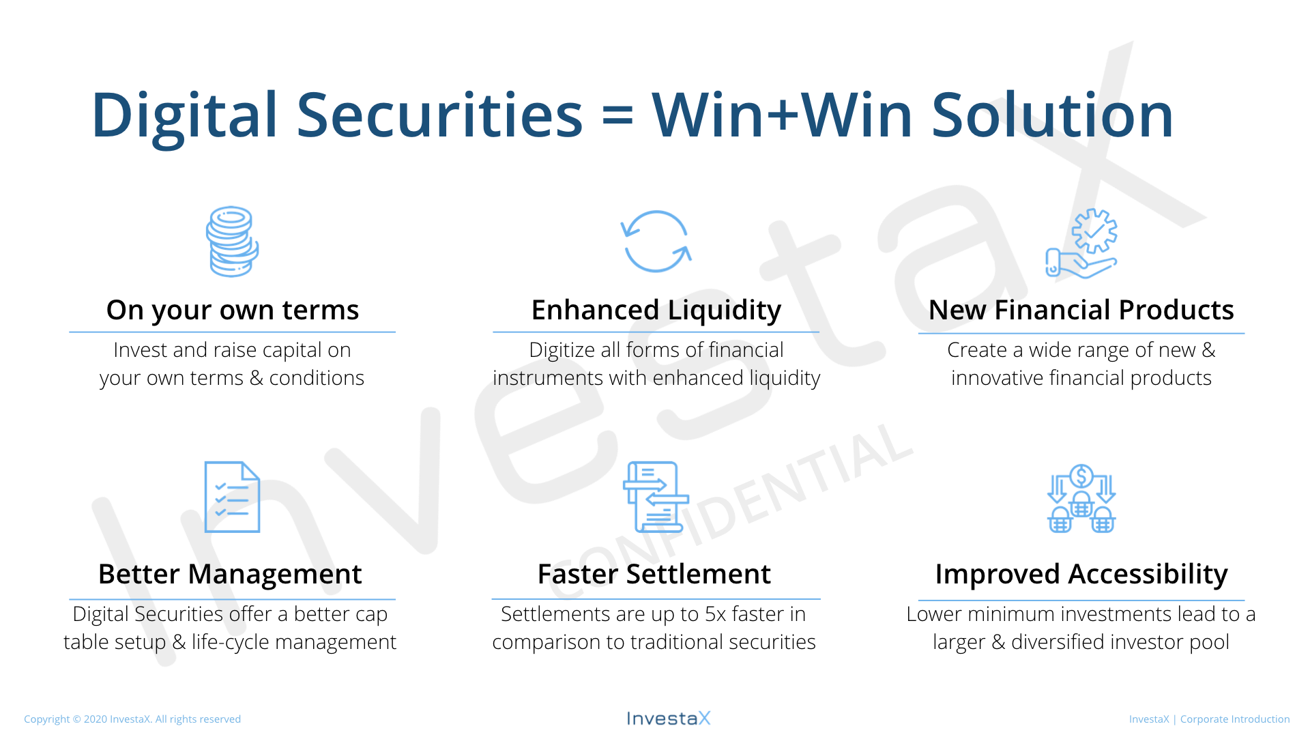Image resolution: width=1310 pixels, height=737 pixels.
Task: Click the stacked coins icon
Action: [232, 242]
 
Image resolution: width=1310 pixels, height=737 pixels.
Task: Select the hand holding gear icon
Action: [1081, 244]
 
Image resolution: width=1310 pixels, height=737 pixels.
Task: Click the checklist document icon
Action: [232, 497]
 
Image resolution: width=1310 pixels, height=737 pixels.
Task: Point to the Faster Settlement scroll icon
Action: [656, 497]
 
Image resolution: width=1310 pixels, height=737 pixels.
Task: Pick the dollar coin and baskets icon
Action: [1081, 498]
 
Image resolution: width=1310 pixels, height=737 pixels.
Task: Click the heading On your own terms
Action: [233, 310]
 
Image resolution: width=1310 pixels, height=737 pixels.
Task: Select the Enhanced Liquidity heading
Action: [656, 310]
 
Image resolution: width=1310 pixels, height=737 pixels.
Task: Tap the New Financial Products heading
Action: [1081, 310]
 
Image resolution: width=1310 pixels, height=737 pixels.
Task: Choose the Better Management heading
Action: [230, 574]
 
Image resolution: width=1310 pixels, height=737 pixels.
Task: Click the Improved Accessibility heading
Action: [1081, 575]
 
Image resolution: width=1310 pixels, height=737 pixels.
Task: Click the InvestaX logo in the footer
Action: [669, 718]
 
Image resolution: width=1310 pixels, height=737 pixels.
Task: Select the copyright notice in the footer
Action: [132, 719]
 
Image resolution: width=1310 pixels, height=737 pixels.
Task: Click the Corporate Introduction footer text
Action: [1235, 719]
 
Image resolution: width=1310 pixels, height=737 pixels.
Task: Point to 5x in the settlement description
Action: [716, 614]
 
